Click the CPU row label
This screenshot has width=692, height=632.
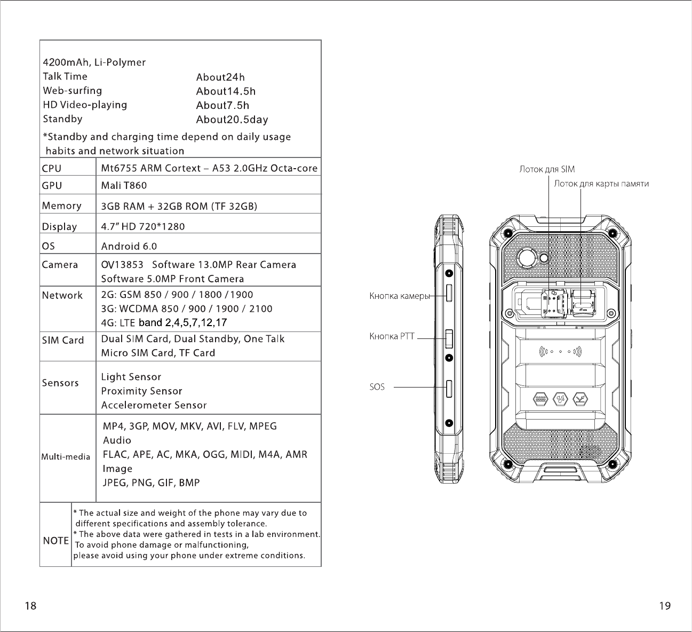[x=52, y=169]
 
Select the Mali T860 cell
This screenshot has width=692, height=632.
[x=124, y=186]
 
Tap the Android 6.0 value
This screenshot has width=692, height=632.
[x=129, y=246]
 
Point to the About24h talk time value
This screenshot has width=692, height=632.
[x=220, y=77]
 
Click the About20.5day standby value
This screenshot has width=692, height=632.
[x=232, y=120]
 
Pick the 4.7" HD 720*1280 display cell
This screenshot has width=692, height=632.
[x=143, y=226]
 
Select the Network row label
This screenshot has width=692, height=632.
[x=62, y=295]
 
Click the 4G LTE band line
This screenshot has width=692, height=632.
[x=164, y=322]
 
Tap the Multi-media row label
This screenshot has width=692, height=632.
[x=66, y=457]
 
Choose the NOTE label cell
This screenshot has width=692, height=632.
[x=55, y=541]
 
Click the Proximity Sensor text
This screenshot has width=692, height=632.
[x=142, y=391]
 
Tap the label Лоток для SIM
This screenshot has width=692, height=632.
[x=547, y=170]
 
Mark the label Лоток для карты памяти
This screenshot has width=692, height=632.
[x=601, y=184]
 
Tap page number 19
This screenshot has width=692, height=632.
[x=665, y=606]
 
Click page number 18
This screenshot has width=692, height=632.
[x=31, y=606]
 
